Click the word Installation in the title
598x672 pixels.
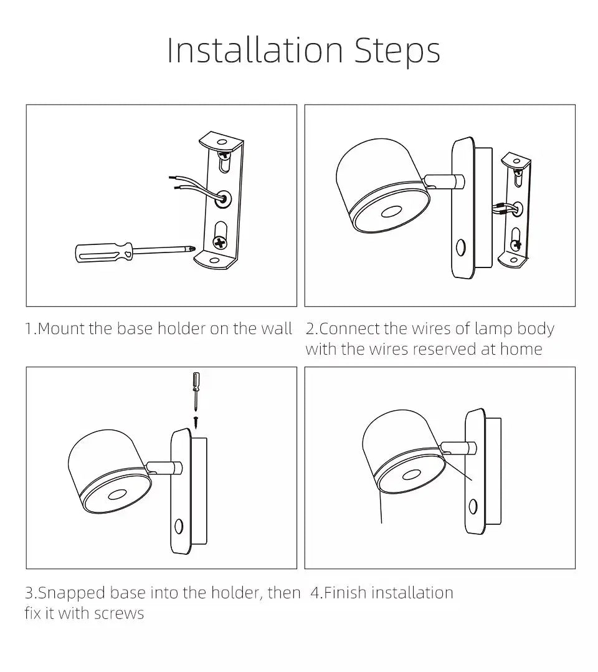[255, 51]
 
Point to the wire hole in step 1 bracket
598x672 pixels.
[223, 198]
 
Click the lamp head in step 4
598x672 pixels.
[402, 455]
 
